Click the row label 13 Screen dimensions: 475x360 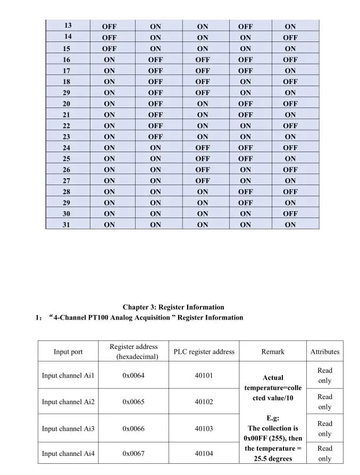pos(68,26)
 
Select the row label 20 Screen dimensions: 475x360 pos(66,104)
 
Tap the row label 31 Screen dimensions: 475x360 pos(66,224)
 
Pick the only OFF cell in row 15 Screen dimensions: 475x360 pos(109,48)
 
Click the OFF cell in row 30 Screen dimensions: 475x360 pos(290,213)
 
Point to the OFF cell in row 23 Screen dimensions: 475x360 pos(155,137)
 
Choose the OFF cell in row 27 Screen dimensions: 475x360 pos(202,181)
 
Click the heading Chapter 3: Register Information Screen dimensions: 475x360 pos(173,307)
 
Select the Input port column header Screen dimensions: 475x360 pos(68,352)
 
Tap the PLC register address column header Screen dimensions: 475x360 pos(204,352)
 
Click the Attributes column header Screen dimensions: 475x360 pos(324,352)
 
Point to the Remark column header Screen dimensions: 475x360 pos(273,352)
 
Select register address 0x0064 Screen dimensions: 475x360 pos(133,376)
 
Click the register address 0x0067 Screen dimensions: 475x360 pos(133,453)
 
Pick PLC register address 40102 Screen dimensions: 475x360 pos(204,402)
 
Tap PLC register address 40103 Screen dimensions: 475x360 pos(204,428)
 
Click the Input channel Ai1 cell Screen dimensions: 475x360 pos(68,376)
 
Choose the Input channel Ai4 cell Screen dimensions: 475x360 pos(68,453)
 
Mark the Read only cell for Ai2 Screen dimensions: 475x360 pos(324,402)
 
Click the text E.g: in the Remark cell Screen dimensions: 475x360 pos(273,418)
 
